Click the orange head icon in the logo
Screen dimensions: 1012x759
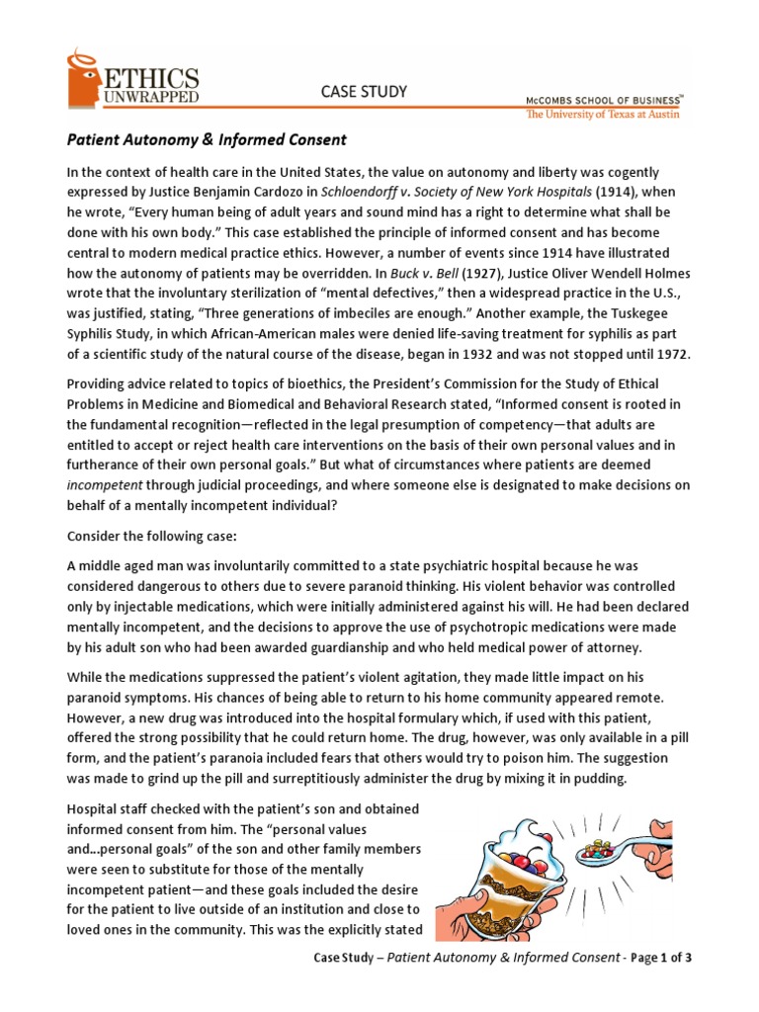click(83, 79)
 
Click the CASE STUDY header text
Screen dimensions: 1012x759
click(365, 92)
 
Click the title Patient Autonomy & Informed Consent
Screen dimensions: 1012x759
click(207, 140)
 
